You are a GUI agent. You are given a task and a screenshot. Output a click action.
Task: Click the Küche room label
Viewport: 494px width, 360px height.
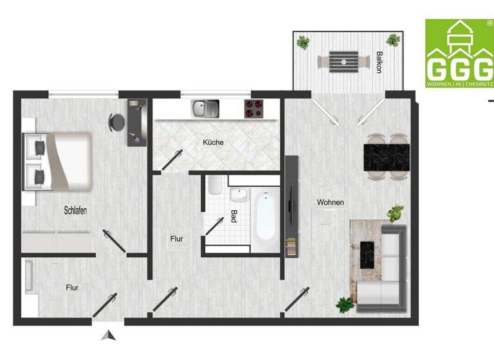(213, 142)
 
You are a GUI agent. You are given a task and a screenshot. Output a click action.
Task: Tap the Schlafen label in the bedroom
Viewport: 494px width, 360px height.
(75, 210)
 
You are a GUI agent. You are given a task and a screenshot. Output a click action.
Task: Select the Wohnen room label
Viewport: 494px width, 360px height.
(330, 203)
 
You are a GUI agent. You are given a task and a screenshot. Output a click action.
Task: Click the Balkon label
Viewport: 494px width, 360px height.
(380, 63)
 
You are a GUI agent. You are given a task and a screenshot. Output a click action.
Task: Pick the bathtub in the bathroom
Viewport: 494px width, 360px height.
(265, 220)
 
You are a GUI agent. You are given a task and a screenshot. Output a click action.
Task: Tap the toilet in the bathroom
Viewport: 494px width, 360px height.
(215, 186)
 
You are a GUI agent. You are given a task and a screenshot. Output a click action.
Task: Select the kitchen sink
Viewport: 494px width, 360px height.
(205, 108)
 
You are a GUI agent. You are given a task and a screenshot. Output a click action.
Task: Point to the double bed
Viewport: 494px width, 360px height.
(57, 161)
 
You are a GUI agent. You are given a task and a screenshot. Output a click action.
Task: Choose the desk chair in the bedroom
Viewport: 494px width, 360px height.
(116, 121)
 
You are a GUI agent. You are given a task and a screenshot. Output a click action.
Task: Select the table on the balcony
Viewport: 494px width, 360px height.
(340, 62)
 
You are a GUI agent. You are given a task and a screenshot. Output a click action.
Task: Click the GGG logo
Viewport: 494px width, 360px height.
(459, 54)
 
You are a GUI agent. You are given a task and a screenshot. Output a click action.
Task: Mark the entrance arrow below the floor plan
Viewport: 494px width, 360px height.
(109, 335)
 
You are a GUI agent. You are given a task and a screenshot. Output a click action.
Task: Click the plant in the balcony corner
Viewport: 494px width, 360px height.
(302, 43)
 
